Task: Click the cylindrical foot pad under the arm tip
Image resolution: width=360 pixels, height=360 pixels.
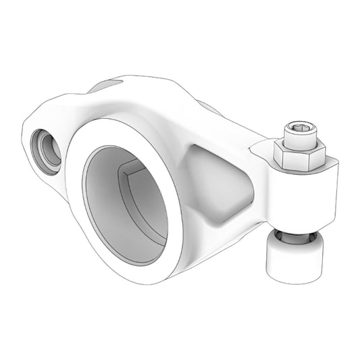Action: [x=292, y=258]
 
